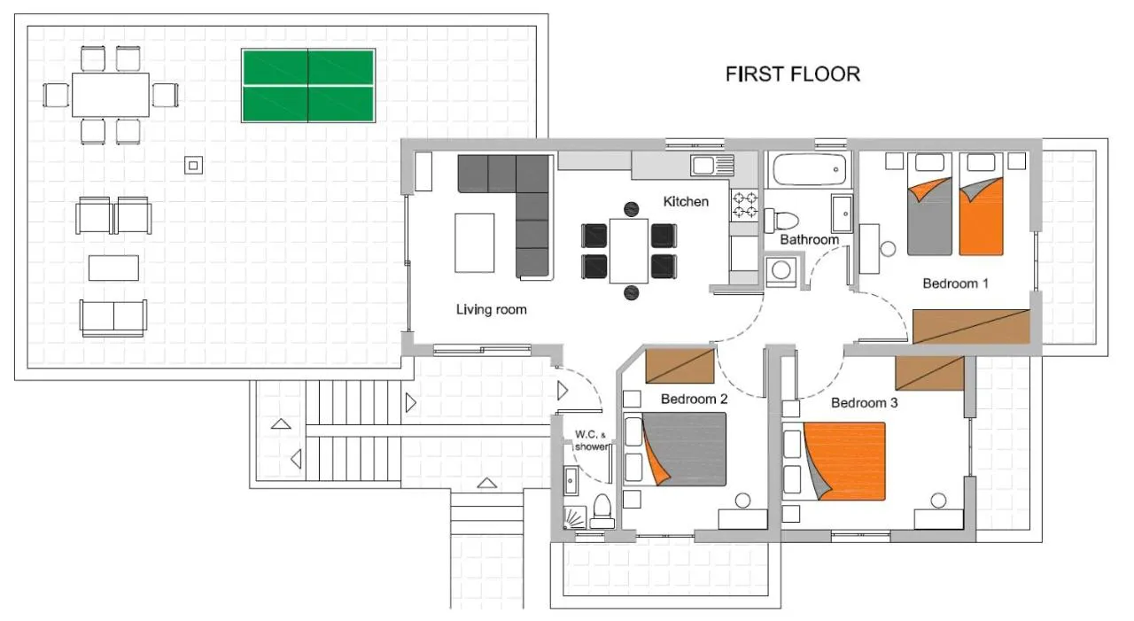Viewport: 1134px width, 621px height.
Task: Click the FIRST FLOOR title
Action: click(x=793, y=74)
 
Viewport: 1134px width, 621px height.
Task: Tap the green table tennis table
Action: click(x=308, y=86)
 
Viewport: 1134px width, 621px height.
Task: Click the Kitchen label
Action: click(x=686, y=201)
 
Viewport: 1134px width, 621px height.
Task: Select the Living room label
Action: click(x=491, y=309)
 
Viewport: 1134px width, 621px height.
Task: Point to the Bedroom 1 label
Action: click(x=955, y=283)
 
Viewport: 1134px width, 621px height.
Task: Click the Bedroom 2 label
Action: click(x=694, y=399)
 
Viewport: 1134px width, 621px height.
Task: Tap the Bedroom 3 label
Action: click(x=864, y=403)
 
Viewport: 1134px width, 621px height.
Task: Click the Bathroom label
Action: click(x=810, y=239)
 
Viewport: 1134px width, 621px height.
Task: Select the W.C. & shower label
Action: click(x=592, y=441)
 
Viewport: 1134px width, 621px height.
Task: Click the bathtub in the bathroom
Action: click(x=809, y=170)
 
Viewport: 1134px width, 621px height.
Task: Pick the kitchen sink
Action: click(x=711, y=165)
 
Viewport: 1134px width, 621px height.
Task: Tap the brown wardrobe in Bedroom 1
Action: click(x=972, y=326)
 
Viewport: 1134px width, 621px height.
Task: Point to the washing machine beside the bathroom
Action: click(x=781, y=271)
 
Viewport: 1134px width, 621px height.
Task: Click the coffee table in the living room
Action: click(x=474, y=243)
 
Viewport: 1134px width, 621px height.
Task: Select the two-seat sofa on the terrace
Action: click(x=113, y=318)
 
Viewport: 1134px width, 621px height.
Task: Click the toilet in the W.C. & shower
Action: click(x=602, y=512)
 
